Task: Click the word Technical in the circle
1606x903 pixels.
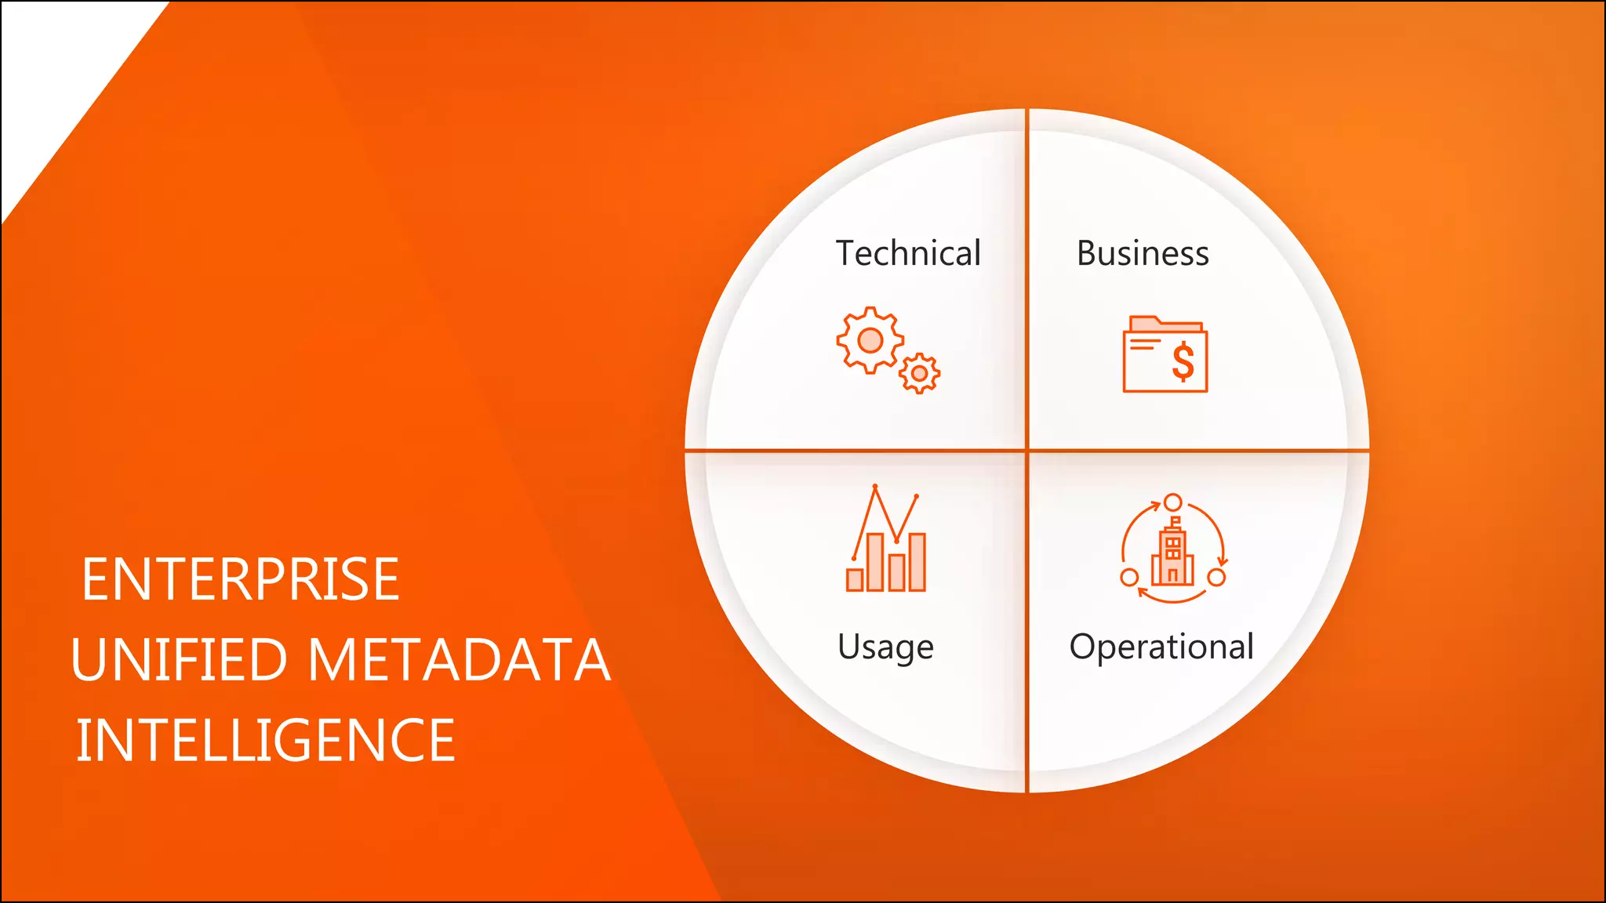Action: (x=908, y=253)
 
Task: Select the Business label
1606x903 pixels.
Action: (x=1143, y=253)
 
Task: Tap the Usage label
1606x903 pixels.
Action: (x=885, y=647)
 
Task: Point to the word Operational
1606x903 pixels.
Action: (x=1161, y=647)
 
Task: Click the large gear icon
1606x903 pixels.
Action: (x=870, y=340)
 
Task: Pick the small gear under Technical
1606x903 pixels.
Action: (x=919, y=374)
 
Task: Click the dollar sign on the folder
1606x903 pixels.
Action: (x=1183, y=362)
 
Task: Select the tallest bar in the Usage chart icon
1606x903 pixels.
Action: (x=876, y=561)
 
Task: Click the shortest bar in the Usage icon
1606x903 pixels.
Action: (x=855, y=580)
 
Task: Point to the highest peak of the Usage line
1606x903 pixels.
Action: (x=875, y=488)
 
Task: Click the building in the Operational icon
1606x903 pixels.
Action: (x=1172, y=555)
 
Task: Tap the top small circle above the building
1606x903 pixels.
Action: (x=1172, y=502)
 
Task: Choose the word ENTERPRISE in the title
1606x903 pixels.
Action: (x=241, y=580)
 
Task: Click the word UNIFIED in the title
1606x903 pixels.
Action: (x=180, y=660)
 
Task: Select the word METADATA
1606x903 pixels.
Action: (x=459, y=660)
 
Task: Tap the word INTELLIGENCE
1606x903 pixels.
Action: (x=265, y=741)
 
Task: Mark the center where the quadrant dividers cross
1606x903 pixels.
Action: (x=1026, y=451)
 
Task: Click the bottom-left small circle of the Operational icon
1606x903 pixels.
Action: (x=1129, y=578)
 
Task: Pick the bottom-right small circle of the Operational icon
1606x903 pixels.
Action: (x=1216, y=578)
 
